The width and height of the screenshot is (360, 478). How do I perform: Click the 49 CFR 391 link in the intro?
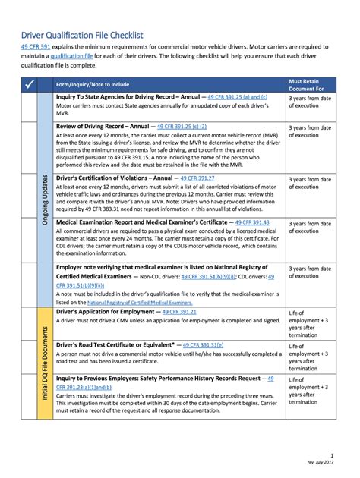coord(36,47)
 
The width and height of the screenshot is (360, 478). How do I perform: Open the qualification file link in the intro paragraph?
coord(94,56)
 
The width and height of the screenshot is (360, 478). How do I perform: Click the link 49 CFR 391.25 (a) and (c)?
coord(226,98)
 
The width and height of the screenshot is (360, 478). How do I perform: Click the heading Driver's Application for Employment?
coord(105,312)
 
